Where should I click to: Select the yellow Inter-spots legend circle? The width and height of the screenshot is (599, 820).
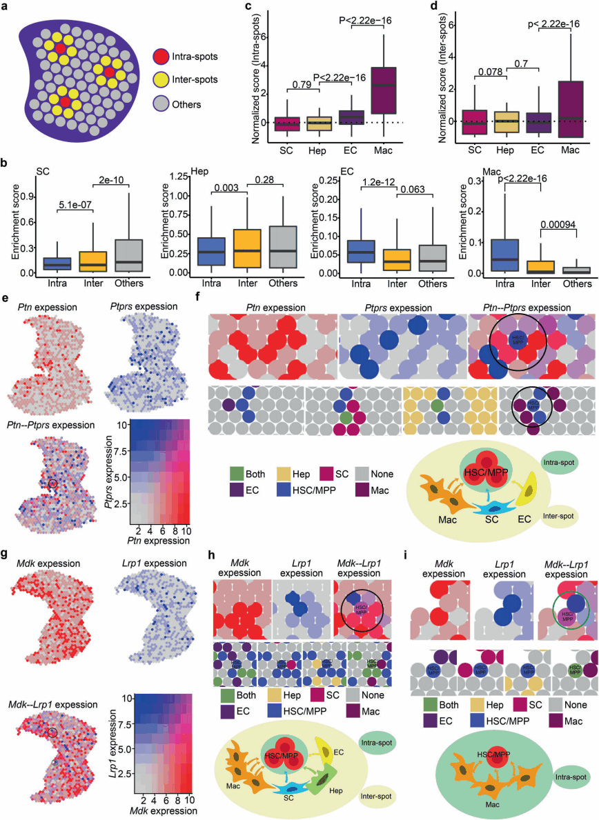pyautogui.click(x=164, y=81)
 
